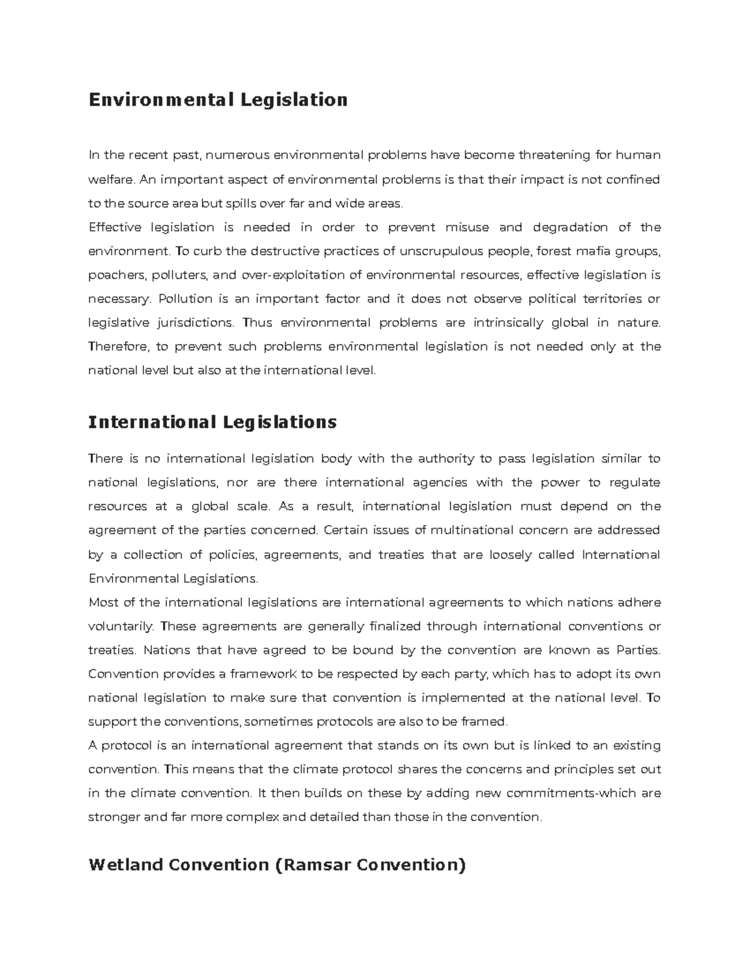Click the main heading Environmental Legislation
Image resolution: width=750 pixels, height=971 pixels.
(x=217, y=100)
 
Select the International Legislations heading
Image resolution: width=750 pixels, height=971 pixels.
(x=212, y=422)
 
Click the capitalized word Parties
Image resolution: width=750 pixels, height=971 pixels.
(x=637, y=650)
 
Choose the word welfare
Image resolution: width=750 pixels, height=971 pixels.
(x=111, y=179)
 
